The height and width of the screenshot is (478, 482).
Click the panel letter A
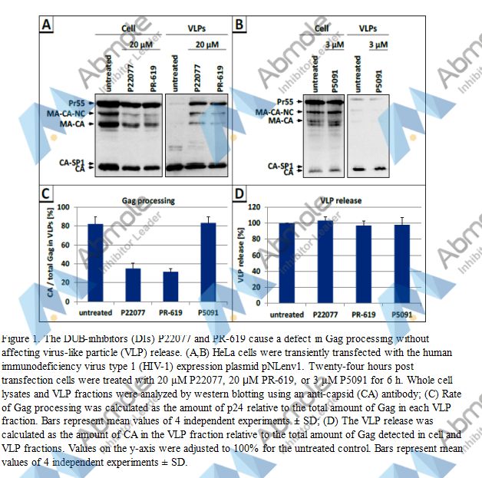(x=48, y=27)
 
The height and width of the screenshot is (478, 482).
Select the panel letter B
(x=240, y=25)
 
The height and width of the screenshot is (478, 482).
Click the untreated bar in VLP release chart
(x=286, y=264)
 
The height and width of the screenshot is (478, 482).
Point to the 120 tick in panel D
(x=261, y=207)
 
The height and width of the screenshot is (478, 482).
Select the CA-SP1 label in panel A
(x=67, y=161)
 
